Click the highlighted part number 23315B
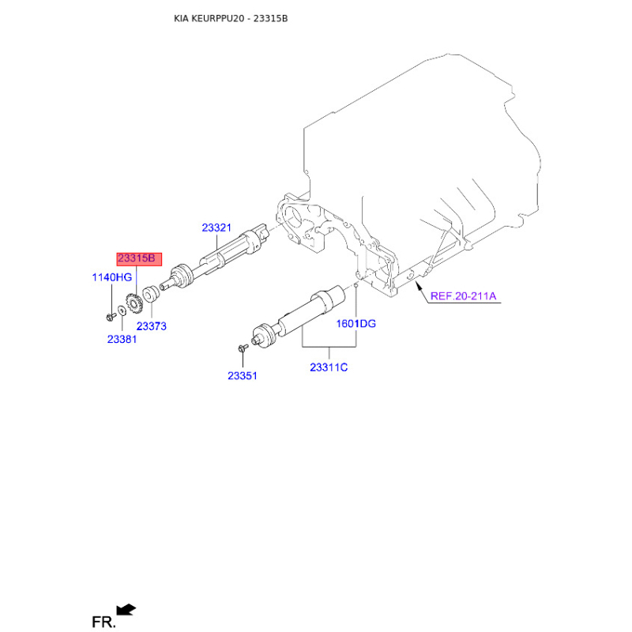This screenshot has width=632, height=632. [x=136, y=258]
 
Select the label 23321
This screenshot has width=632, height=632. [x=216, y=228]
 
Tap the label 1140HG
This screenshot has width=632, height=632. [x=112, y=277]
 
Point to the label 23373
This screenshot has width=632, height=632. [x=151, y=326]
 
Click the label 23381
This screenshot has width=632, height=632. [x=122, y=340]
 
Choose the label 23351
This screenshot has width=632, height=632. [x=243, y=376]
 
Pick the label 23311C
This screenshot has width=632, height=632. [x=329, y=367]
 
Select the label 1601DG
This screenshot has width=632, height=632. [x=356, y=324]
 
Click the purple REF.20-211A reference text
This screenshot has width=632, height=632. [x=463, y=296]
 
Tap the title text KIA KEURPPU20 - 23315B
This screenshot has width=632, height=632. [x=231, y=18]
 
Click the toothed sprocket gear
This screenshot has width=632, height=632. [x=134, y=304]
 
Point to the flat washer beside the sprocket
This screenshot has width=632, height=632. [x=122, y=310]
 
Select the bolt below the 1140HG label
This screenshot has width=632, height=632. [x=111, y=318]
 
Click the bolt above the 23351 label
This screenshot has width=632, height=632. [x=243, y=348]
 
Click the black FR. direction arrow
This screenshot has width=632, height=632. [x=126, y=609]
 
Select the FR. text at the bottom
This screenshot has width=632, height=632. [x=103, y=622]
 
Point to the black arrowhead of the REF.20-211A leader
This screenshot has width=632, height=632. [x=419, y=287]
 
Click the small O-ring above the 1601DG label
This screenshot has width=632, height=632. [x=356, y=286]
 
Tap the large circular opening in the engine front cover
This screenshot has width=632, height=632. [x=292, y=218]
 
